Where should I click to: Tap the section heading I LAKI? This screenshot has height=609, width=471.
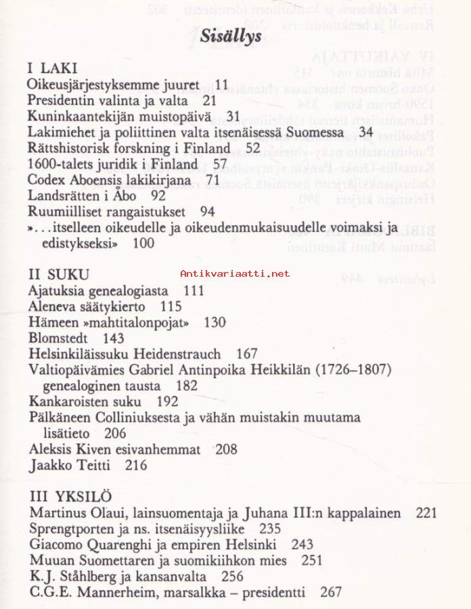point(52,68)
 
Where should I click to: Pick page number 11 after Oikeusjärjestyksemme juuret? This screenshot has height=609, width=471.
point(222,85)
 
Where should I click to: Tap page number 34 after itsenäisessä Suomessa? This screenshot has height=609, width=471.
point(366,132)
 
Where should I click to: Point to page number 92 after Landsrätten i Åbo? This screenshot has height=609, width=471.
point(158,196)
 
